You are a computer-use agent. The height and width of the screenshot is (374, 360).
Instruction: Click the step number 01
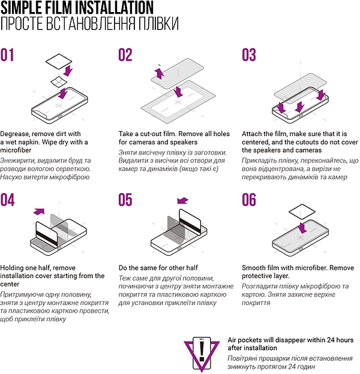7,55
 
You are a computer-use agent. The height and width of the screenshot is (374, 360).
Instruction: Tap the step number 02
125,55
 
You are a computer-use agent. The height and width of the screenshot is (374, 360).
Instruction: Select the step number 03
249,55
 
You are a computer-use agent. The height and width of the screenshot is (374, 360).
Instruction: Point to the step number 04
7,200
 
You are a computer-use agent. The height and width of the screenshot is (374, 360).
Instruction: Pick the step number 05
125,200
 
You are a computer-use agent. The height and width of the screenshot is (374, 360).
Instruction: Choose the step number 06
249,200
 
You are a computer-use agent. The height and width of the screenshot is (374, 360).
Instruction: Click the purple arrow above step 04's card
39,211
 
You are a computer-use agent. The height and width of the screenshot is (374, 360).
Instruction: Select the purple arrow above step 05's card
183,201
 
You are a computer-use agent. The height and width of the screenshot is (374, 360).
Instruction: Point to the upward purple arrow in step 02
160,73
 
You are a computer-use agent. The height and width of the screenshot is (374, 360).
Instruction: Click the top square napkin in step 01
59,61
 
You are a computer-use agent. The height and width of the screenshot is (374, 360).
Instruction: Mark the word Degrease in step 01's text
15,134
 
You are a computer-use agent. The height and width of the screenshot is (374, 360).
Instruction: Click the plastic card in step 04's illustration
47,233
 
